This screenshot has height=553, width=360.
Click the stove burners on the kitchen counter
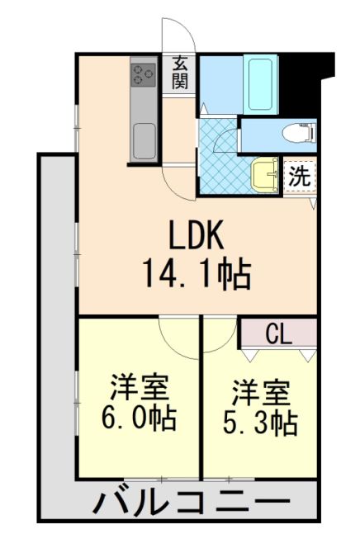click(x=143, y=75)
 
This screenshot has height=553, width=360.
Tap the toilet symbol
click(x=295, y=132)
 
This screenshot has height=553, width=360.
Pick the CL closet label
click(x=278, y=333)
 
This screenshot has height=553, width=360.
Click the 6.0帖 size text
click(x=138, y=418)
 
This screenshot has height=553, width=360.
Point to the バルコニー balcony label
click(x=191, y=501)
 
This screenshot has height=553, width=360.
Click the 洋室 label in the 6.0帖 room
click(x=138, y=387)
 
